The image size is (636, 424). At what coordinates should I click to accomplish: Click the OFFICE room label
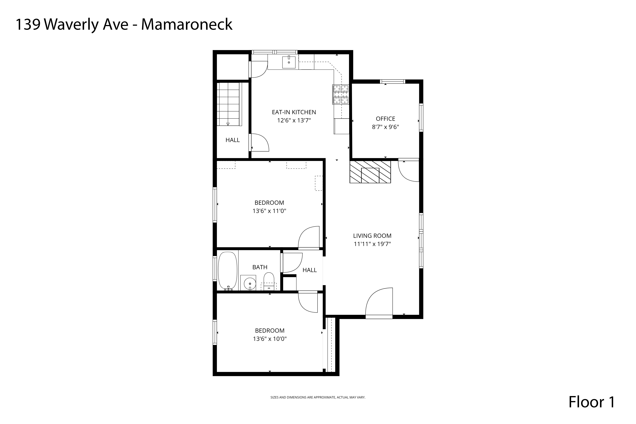pos(385,119)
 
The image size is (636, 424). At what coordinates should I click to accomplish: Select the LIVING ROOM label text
pos(372,236)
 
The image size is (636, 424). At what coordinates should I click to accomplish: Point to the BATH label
pos(260,267)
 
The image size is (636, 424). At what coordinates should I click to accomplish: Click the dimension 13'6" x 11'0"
pos(269,211)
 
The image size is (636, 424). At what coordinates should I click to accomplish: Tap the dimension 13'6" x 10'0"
pos(270,339)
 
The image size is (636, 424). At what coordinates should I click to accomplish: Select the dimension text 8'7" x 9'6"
pos(385,127)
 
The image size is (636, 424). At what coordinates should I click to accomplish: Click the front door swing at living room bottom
pos(379,303)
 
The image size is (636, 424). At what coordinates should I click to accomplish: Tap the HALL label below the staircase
pos(233,140)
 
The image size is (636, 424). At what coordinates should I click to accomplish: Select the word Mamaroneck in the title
pos(187,25)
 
